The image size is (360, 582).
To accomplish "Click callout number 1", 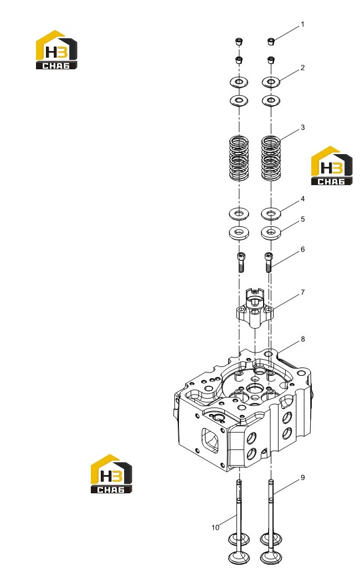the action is [x=302, y=24].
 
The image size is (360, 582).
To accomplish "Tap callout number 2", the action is [x=302, y=68].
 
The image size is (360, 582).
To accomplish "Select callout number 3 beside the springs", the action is [x=302, y=127].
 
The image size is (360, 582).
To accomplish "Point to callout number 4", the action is [x=302, y=199].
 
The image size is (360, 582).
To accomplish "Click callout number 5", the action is [x=302, y=219].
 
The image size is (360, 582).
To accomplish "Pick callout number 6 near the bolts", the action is [x=302, y=249].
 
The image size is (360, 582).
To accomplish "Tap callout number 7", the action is [x=302, y=293].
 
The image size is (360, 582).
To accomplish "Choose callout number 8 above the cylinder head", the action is [x=302, y=339].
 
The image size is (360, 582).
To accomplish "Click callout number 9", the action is [x=302, y=477].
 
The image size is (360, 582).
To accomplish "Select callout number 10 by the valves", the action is [x=215, y=528].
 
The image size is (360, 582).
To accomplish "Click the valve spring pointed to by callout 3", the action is [x=271, y=158].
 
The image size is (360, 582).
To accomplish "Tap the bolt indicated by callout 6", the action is [x=269, y=262].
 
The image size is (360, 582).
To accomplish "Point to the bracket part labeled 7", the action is [x=255, y=308].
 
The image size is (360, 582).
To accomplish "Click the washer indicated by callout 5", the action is [x=271, y=233].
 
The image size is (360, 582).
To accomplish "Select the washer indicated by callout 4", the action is [x=271, y=213].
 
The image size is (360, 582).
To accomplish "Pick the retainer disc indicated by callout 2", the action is [x=271, y=82].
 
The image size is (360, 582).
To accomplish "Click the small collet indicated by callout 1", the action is [x=271, y=41].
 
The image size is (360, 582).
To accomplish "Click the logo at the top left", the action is [x=56, y=50].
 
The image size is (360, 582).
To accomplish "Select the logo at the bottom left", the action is [x=111, y=473].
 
